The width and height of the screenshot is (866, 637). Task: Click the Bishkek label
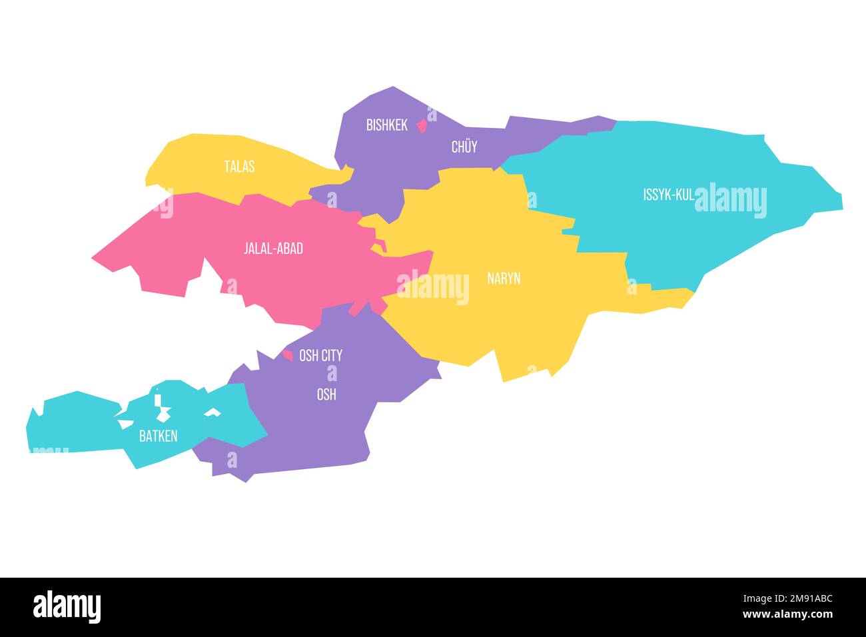click(x=386, y=125)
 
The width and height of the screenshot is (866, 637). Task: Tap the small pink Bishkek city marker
click(x=421, y=125)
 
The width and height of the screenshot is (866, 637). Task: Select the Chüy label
click(x=464, y=147)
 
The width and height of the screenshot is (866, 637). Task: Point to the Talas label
click(x=238, y=167)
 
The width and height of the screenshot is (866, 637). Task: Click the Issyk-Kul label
click(x=668, y=195)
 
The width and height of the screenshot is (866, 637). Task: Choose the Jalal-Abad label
click(x=273, y=249)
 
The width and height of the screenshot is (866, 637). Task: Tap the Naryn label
click(x=504, y=279)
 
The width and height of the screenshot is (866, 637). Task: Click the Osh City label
click(x=320, y=356)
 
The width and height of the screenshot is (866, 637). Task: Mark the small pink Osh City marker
click(x=288, y=355)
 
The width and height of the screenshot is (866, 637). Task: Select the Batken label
click(x=158, y=436)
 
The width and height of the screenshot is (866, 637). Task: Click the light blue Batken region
click(x=73, y=426)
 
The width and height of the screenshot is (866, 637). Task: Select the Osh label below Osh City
click(x=326, y=394)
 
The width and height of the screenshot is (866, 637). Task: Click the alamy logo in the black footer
click(x=67, y=606)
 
